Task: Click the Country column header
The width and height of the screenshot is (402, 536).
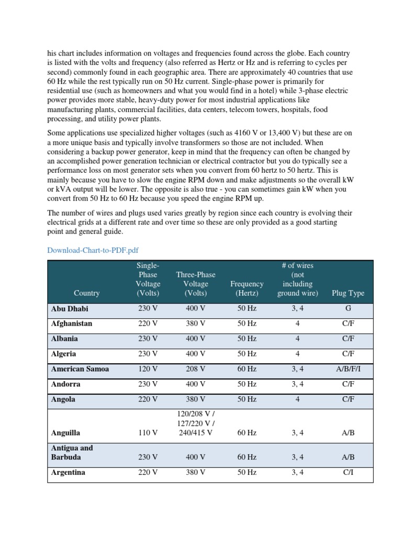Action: coord(87,293)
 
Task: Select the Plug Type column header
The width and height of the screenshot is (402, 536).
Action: coord(348,293)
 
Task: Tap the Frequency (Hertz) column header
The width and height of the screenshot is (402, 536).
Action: coord(247,288)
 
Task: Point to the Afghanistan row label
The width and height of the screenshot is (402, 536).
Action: coord(72,323)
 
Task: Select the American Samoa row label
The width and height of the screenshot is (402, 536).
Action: coord(80,369)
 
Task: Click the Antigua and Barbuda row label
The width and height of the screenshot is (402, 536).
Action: coord(72,452)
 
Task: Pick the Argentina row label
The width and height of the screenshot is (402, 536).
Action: coord(68,472)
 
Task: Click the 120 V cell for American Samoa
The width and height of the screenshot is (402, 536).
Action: coord(148,369)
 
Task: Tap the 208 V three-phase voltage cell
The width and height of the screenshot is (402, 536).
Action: coord(196,369)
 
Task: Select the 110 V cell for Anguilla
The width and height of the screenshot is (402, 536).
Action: coord(148,433)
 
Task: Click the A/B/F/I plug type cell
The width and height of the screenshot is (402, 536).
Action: coord(348,369)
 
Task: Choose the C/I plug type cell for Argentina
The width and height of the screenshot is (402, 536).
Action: coord(348,472)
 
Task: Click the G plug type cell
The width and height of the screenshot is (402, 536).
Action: coord(348,309)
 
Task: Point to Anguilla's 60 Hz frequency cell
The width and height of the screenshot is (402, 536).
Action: coord(247,433)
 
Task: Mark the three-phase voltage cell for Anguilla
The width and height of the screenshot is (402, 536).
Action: coord(196,423)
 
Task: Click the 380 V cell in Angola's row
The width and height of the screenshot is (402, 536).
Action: coord(196,399)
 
